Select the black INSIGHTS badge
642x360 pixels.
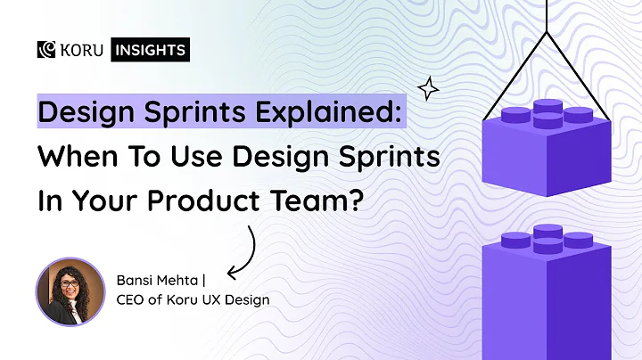pos(149,50)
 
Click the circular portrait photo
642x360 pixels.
pos(70,291)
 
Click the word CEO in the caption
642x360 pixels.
pos(132,300)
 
